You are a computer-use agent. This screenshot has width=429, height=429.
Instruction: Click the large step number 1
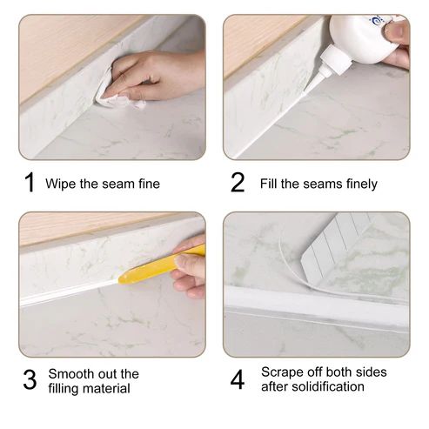coord(30,182)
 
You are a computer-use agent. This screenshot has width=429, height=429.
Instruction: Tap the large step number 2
coord(238,182)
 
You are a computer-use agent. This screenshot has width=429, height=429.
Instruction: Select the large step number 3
coord(30,379)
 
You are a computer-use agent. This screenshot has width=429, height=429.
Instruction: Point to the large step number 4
coord(238,379)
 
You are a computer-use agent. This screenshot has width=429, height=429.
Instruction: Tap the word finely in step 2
coord(362,184)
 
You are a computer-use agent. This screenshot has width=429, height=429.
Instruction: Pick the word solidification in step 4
coord(328,386)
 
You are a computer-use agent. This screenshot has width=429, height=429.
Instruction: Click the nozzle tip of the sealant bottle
coord(305,92)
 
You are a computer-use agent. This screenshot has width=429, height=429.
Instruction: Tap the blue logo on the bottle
coord(376,19)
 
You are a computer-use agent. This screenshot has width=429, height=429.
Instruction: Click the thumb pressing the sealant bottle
coord(396,32)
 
